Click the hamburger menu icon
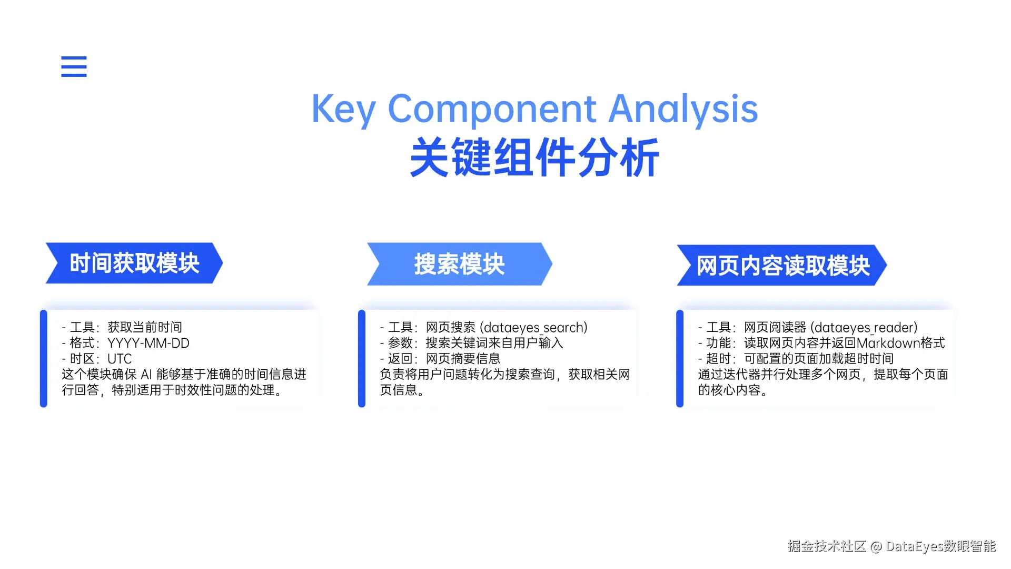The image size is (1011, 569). coord(74,66)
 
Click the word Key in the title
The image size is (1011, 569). coord(343,109)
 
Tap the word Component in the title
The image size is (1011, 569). coord(491,109)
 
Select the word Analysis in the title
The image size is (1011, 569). coord(683,109)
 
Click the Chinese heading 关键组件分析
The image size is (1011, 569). coord(534,158)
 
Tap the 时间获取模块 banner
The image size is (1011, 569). coord(134,263)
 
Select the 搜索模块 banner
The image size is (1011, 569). coord(459,264)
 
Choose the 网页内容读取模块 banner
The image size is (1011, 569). coord(782,266)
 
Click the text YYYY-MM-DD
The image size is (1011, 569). coord(148,344)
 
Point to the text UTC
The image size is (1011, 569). coord(120,359)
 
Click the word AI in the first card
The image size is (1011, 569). coord(146,375)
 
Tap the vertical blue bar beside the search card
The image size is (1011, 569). coord(362,358)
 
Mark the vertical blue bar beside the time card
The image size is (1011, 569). coord(44,358)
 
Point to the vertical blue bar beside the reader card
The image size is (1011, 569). coord(680,358)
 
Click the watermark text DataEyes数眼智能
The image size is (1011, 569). coord(940,546)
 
